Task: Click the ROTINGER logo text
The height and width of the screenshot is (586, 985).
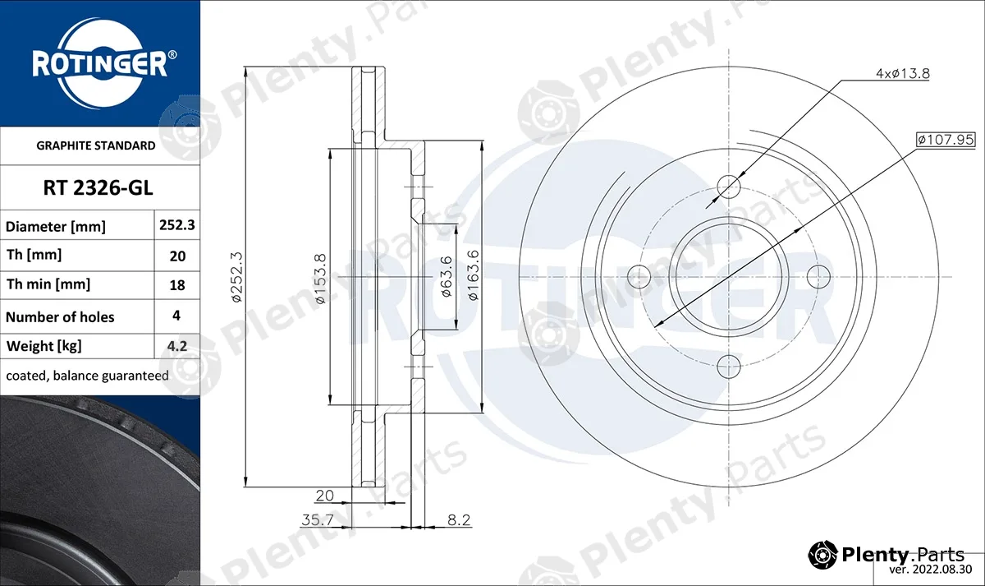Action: (x=99, y=65)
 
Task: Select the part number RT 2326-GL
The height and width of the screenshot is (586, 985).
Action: (x=98, y=188)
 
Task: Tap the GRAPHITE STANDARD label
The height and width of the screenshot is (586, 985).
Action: (x=96, y=145)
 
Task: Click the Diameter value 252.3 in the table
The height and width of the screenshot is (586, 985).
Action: (x=176, y=225)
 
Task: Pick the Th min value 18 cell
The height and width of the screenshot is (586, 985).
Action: (x=177, y=285)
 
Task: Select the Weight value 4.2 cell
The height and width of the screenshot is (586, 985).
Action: (x=177, y=346)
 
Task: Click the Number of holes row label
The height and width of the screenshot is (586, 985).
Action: (x=60, y=317)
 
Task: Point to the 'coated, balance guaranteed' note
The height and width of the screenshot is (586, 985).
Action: (x=87, y=376)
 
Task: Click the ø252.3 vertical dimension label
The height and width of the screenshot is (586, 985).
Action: (x=236, y=277)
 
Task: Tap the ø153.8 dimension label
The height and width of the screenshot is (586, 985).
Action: (x=321, y=279)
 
